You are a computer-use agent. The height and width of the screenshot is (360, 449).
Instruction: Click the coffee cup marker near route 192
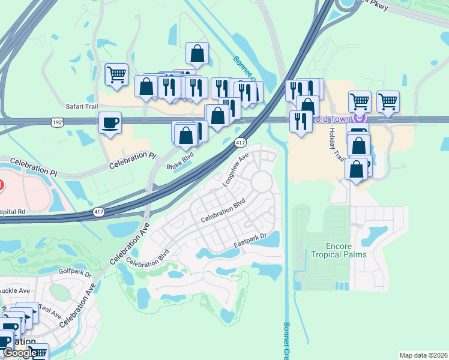pyautogui.click(x=110, y=124)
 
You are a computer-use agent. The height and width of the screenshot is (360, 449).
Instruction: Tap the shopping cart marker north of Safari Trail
pyautogui.click(x=116, y=76)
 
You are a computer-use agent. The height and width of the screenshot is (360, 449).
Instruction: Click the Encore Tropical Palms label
pyautogui.click(x=339, y=250)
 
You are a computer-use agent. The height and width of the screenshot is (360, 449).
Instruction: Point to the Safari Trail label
pyautogui.click(x=82, y=106)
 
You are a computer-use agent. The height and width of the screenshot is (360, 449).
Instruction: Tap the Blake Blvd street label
pyautogui.click(x=180, y=159)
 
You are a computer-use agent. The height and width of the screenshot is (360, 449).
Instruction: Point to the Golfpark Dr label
pyautogui.click(x=75, y=272)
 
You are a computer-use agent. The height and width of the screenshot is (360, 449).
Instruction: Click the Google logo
pyautogui.click(x=19, y=353)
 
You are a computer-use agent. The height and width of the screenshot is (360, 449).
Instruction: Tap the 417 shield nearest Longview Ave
pyautogui.click(x=240, y=143)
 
